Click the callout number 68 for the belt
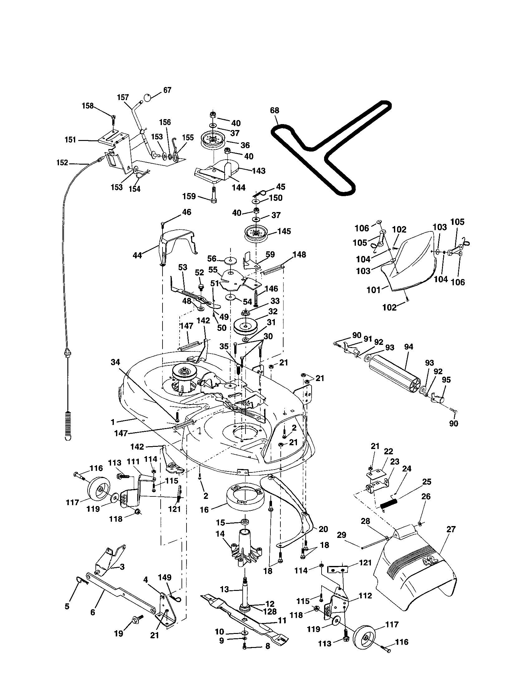pos(274,111)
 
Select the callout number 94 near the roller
pos(409,347)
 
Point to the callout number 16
pos(204,510)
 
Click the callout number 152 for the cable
pos(62,163)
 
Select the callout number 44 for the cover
pos(137,255)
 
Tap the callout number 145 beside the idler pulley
pos(284,231)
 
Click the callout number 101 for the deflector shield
pos(373,290)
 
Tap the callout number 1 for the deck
pos(113,423)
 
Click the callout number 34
pos(115,362)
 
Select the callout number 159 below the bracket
pos(189,196)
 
